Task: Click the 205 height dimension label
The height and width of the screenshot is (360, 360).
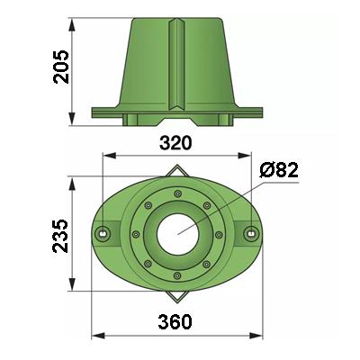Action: (x=61, y=67)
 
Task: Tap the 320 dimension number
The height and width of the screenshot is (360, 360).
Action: (x=175, y=143)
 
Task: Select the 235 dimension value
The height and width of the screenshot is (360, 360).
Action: (x=60, y=236)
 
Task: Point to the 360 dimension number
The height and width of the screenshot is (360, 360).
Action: (x=175, y=322)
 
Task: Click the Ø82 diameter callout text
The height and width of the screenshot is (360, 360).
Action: (x=279, y=171)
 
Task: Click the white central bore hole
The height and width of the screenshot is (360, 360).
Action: (x=178, y=234)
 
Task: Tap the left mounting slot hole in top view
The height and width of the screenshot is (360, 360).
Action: (x=103, y=233)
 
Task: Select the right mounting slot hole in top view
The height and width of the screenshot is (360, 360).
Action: (x=250, y=233)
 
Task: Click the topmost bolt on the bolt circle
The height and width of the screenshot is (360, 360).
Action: (x=178, y=193)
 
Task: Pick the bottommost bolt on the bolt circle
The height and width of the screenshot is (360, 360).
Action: (x=177, y=275)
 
